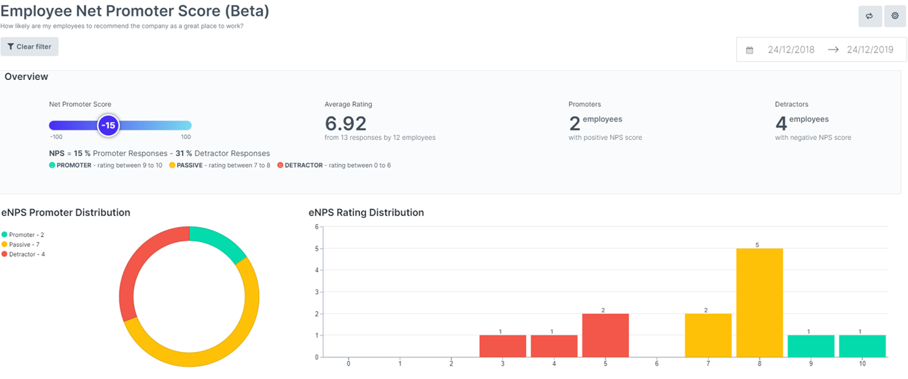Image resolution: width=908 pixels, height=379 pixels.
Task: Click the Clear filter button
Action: [29, 47]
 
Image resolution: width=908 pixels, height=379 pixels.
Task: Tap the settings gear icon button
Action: [895, 16]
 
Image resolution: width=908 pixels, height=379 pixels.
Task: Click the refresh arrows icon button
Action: [870, 16]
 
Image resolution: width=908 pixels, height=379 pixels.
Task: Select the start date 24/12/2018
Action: [791, 50]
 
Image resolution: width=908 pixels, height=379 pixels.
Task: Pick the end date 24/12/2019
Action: [870, 50]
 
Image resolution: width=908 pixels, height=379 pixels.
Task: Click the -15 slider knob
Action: [108, 126]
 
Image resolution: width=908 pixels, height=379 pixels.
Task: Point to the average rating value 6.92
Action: [346, 124]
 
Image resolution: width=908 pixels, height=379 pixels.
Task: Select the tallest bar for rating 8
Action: [759, 303]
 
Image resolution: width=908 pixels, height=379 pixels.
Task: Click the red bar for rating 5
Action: [605, 335]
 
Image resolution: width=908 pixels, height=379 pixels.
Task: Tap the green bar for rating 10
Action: [862, 346]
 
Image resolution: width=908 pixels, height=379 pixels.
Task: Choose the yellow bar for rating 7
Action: [708, 335]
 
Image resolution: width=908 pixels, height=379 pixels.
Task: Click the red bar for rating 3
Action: [503, 346]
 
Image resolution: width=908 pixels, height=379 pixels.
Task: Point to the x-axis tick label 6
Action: [657, 364]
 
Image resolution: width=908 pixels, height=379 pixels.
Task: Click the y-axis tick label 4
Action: [316, 270]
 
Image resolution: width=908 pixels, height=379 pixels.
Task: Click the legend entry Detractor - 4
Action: [27, 254]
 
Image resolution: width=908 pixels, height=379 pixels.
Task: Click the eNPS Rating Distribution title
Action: [366, 213]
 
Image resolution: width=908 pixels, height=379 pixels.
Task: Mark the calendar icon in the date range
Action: [750, 50]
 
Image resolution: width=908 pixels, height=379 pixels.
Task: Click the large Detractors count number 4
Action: [781, 124]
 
